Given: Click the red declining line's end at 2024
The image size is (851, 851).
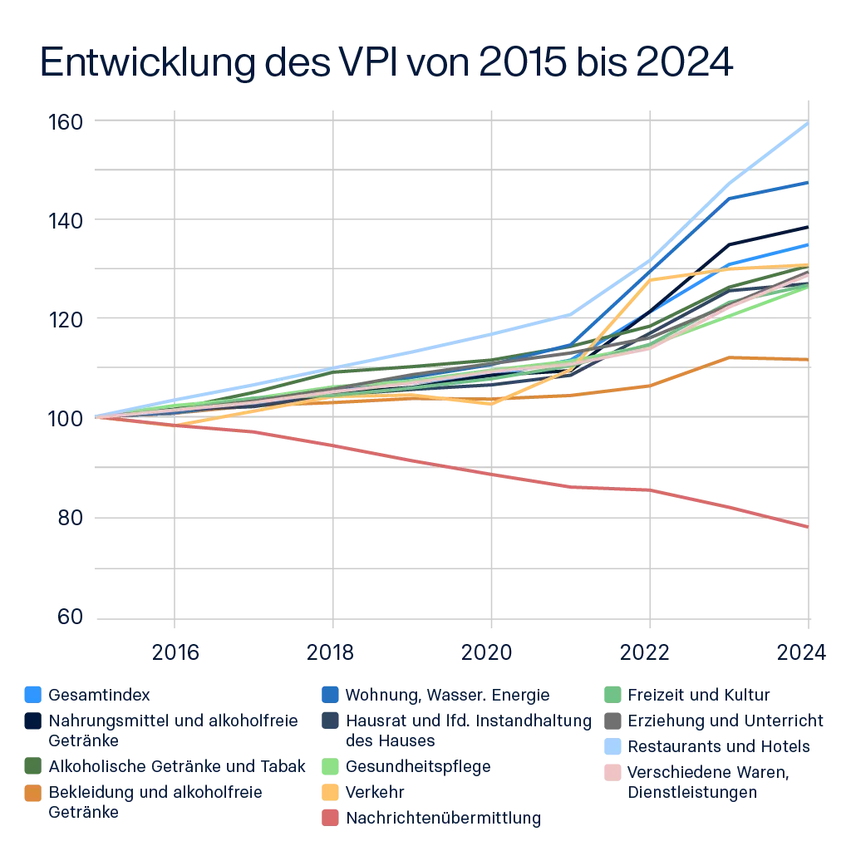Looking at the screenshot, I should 807,527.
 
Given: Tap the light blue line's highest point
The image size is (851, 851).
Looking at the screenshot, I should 807,125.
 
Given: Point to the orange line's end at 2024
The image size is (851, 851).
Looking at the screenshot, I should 807,359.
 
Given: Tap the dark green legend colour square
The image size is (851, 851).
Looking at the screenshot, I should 31,765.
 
